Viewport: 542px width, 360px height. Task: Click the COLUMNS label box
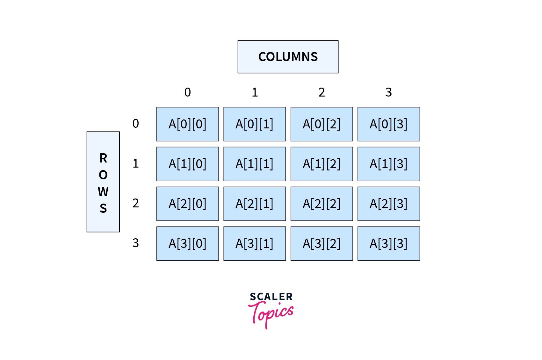coord(288,57)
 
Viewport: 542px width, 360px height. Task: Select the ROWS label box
coord(103,182)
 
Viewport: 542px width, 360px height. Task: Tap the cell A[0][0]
coord(187,124)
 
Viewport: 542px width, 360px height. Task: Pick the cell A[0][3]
coord(388,124)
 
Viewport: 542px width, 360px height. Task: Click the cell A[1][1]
coord(254,164)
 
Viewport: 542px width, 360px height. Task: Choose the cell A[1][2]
coord(322,164)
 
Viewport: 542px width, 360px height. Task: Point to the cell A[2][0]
coord(187,204)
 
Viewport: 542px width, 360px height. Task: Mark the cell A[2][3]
coord(388,204)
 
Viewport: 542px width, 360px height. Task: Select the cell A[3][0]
coord(187,243)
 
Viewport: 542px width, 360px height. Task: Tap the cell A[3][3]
coord(388,243)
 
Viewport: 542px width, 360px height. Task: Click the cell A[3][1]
coord(254,243)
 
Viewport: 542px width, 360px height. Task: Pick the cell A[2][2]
coord(322,204)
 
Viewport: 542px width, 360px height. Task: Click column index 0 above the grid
coord(187,92)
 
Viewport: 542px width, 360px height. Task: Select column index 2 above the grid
coord(322,92)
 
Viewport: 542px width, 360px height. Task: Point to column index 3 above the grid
coord(388,92)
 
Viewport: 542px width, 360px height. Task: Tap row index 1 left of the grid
coord(135,163)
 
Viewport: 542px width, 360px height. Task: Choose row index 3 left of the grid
coord(135,243)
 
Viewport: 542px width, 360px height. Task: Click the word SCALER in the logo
coord(271,297)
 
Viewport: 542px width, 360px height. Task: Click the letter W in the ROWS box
coord(103,191)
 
